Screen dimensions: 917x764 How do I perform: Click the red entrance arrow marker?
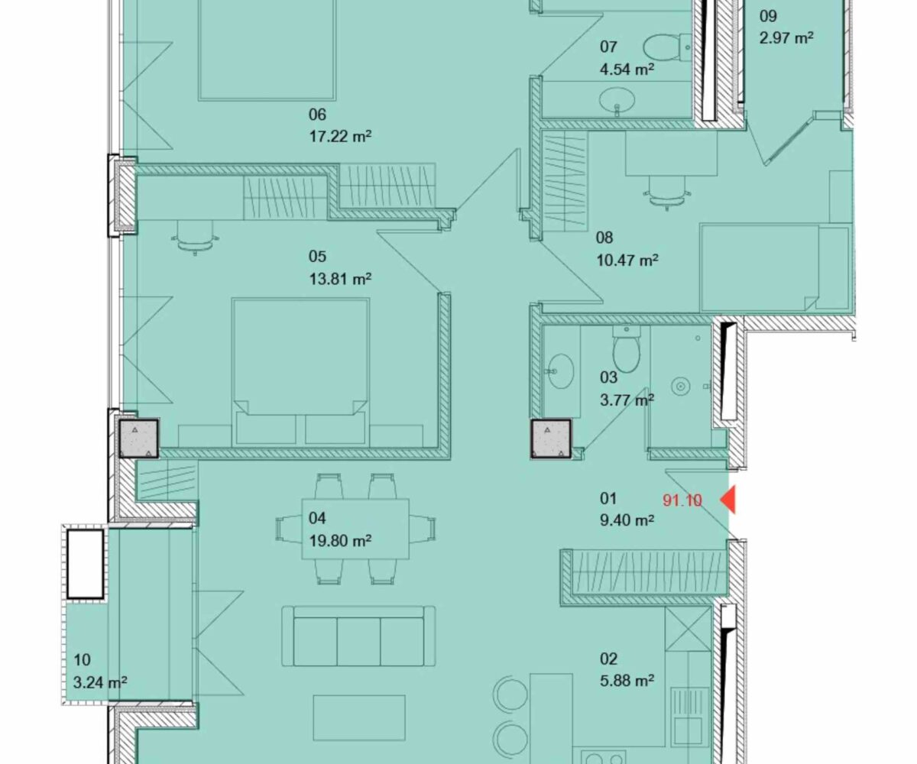tap(729, 500)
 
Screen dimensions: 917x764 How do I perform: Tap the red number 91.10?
tap(682, 500)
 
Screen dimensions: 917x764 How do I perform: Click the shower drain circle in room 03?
tap(680, 387)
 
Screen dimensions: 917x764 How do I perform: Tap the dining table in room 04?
tap(355, 529)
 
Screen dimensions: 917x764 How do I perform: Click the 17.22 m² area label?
tap(340, 136)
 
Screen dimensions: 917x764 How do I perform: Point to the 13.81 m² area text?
tap(340, 279)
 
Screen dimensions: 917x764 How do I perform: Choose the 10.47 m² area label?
tap(627, 261)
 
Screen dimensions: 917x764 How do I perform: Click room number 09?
tap(768, 16)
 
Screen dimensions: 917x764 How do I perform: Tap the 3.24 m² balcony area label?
tap(100, 682)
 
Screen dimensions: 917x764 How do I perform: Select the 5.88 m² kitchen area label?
tap(627, 681)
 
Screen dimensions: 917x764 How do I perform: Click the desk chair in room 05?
tap(195, 238)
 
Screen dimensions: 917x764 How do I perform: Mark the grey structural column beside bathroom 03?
tap(551, 439)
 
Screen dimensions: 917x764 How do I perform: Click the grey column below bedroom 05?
tap(139, 439)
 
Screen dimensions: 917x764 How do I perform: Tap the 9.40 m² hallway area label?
tap(627, 520)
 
